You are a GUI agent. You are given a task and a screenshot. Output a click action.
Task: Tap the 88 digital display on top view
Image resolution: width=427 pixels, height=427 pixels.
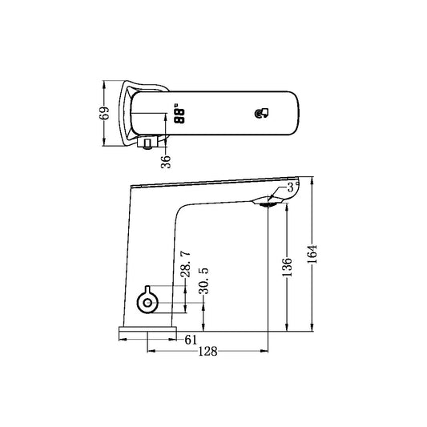tap(180, 116)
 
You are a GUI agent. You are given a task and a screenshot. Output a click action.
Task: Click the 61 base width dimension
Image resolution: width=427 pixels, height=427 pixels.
tap(191, 340)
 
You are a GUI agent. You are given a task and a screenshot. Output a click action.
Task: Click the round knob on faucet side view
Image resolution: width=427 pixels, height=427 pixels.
tap(147, 301)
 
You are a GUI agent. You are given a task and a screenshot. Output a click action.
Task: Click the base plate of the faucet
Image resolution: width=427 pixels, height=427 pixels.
tap(147, 329)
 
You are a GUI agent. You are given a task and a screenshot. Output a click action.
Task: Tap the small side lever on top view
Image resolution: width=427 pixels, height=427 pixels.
tap(147, 145)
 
